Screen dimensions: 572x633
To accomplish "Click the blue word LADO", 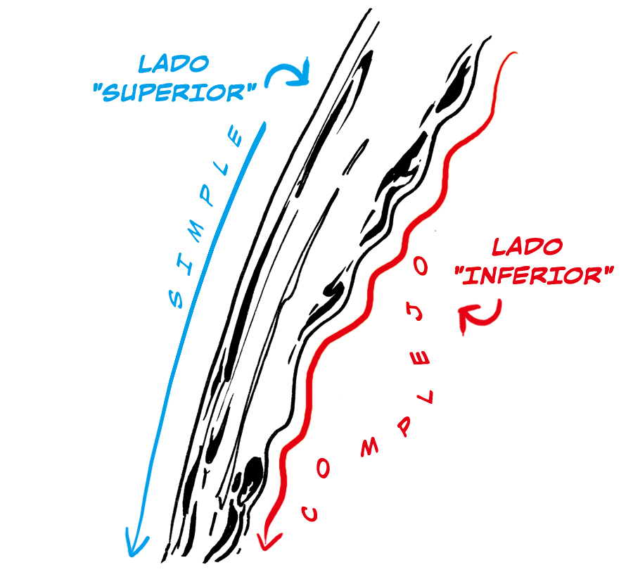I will coord(174,64).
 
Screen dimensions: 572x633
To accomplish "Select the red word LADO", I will coord(527,247).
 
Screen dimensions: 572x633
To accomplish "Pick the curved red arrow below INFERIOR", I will coord(480,317).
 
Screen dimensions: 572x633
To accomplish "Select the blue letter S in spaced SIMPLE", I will coord(176,298).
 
